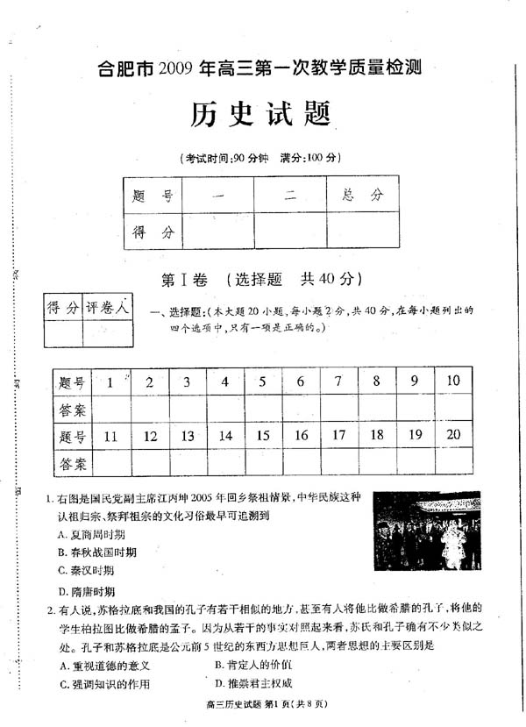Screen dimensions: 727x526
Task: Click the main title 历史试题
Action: click(261, 114)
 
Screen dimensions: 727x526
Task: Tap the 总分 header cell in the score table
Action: click(363, 195)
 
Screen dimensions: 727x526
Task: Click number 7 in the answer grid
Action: click(338, 381)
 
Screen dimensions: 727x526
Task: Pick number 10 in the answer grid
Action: click(452, 381)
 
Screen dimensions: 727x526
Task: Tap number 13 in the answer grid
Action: click(187, 436)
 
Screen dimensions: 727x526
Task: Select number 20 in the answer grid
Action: click(452, 435)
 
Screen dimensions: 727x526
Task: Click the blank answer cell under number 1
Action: click(110, 409)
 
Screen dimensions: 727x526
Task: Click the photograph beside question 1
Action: click(427, 531)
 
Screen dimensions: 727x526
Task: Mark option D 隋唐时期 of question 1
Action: click(86, 591)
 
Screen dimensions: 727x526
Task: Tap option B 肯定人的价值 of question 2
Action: click(253, 665)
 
